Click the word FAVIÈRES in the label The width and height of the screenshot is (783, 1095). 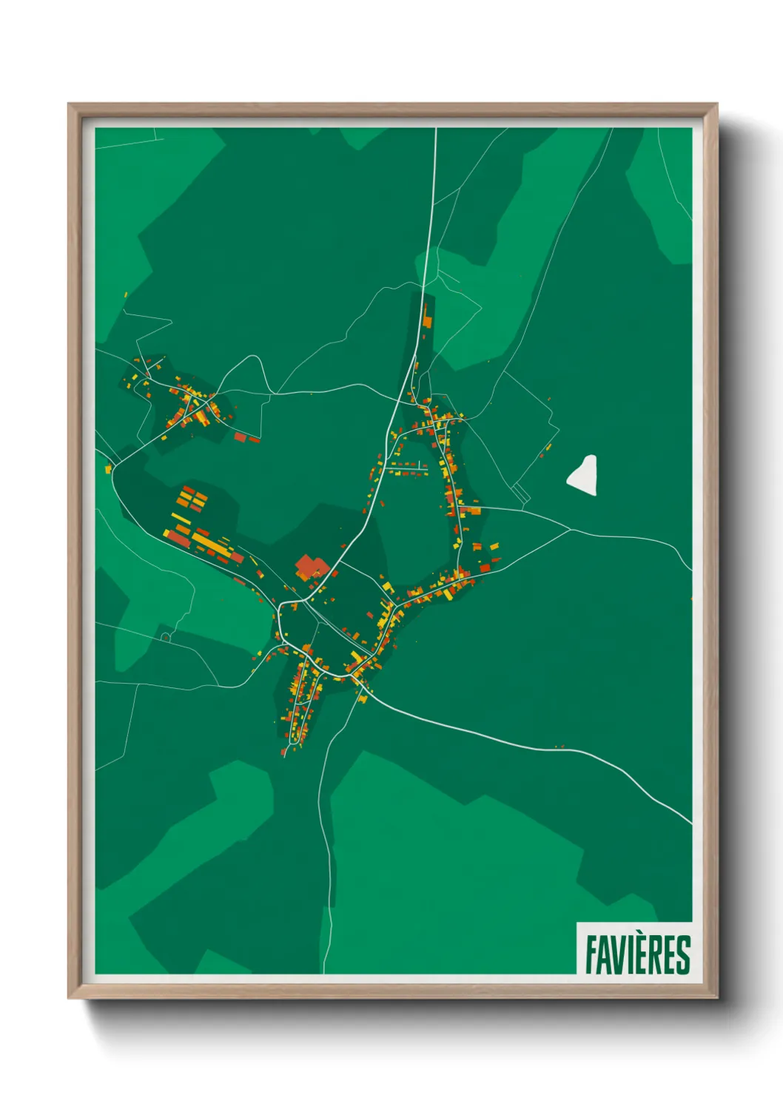click(x=637, y=954)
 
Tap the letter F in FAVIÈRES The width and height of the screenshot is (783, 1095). click(x=592, y=954)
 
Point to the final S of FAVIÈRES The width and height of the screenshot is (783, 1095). click(x=684, y=954)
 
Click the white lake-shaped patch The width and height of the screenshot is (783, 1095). click(x=584, y=474)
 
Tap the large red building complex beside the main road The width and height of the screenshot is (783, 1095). click(x=311, y=567)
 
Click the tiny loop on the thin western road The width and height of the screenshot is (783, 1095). click(x=166, y=637)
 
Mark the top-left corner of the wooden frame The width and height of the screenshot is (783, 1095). click(x=69, y=104)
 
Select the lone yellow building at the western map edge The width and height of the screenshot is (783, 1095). click(x=108, y=469)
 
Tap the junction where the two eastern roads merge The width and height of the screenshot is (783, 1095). click(x=570, y=529)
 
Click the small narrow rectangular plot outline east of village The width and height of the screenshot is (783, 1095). click(x=522, y=493)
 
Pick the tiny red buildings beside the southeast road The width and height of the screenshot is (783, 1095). click(x=559, y=747)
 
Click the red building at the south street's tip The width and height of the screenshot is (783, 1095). click(x=283, y=753)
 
